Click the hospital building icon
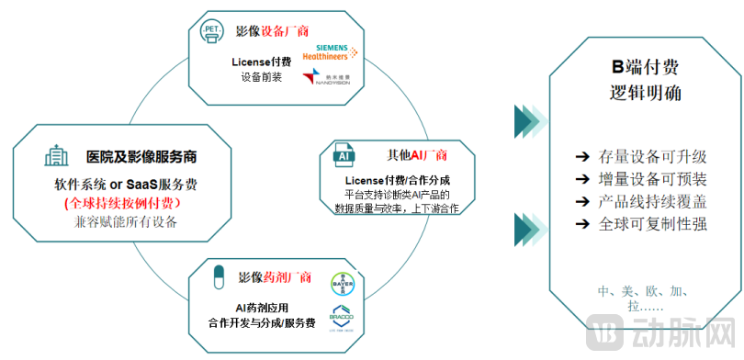[54, 155]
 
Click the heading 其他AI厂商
[418, 154]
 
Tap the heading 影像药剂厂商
[275, 276]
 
